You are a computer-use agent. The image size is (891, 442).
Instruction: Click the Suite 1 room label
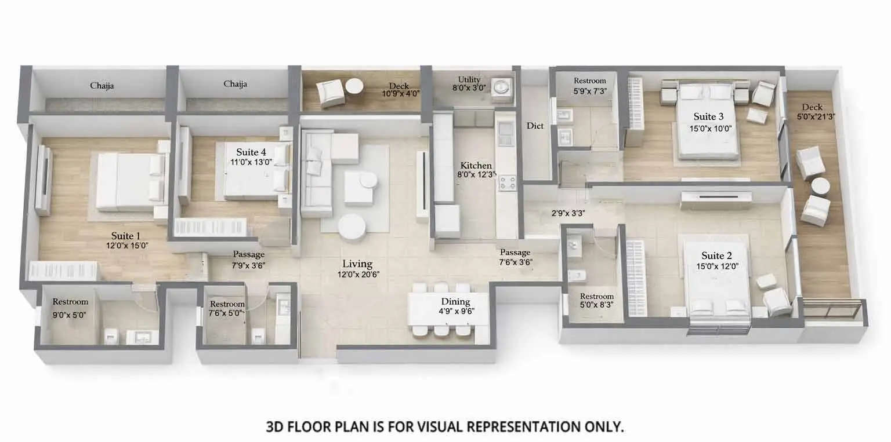pos(126,236)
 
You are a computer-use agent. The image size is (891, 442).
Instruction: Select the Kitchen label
pos(476,166)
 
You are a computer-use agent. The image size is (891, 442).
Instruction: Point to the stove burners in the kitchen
pos(507,184)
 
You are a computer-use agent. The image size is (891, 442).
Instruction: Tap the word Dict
pos(535,126)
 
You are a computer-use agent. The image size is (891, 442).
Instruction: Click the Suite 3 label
pos(705,117)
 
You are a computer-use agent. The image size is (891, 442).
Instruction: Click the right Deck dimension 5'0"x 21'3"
pos(816,116)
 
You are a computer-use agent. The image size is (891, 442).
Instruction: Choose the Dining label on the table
pos(455,301)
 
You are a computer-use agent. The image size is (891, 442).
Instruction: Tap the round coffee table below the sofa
pos(352,227)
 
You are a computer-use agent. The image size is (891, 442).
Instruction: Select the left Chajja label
pos(102,86)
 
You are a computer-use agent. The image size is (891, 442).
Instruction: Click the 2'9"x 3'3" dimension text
pos(568,213)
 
